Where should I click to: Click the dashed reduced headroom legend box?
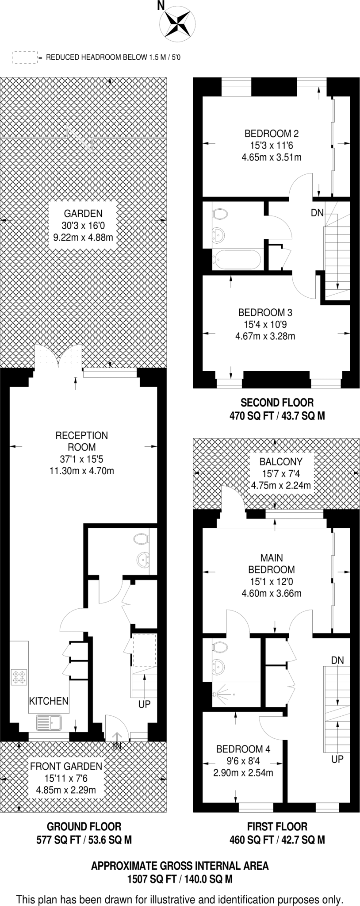(24, 57)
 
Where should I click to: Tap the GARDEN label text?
(83, 213)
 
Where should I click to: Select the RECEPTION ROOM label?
(81, 441)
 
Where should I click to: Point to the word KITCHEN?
(49, 701)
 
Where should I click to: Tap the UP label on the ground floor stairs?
(145, 704)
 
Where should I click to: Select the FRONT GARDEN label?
(66, 766)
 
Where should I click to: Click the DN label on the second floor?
(317, 213)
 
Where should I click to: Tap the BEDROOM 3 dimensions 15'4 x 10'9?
(265, 324)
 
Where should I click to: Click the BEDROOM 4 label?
(243, 749)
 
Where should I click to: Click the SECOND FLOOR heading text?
(277, 403)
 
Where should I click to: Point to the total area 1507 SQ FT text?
(180, 879)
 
